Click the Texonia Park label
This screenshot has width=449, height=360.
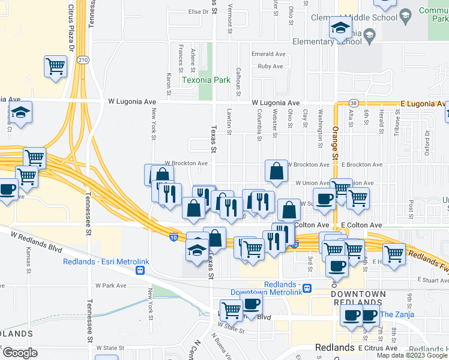tap(206, 80)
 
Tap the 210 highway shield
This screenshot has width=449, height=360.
tap(83, 60)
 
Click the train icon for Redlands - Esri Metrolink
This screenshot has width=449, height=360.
tap(140, 271)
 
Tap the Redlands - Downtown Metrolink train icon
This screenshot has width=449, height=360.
tap(307, 288)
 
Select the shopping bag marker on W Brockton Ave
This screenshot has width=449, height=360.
tap(276, 171)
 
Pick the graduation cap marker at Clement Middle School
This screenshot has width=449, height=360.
tap(340, 27)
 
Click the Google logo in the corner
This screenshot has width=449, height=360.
tap(19, 353)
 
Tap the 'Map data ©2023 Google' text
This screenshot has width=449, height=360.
tap(412, 355)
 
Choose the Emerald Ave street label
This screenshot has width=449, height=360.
tap(268, 54)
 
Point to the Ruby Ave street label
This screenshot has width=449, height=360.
tap(270, 66)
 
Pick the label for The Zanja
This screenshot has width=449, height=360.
tap(394, 314)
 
